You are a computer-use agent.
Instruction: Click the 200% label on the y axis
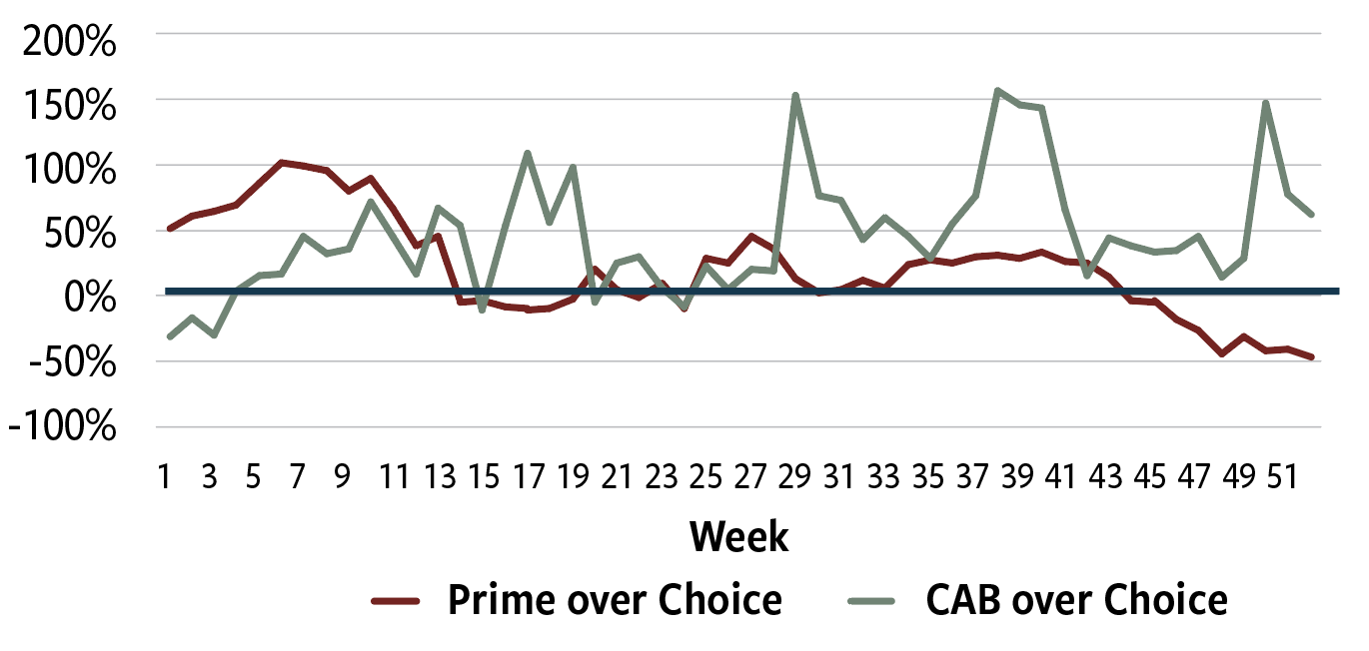tap(66, 44)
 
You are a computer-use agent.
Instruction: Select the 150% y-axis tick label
tap(66, 105)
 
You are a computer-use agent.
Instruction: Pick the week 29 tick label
tap(794, 477)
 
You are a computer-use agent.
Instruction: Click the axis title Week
tap(738, 536)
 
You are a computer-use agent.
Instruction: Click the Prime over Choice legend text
tap(615, 600)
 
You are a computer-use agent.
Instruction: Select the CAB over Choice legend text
tap(1076, 600)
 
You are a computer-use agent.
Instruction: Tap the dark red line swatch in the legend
tap(400, 601)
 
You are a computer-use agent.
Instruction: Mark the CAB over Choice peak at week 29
tap(795, 96)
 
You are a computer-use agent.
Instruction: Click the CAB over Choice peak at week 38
tap(997, 91)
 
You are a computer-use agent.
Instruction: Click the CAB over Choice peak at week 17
tap(527, 154)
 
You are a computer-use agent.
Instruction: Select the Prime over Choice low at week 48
tap(1221, 353)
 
